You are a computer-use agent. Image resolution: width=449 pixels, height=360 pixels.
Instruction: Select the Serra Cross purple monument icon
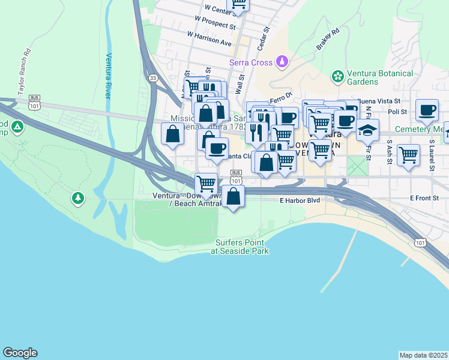281,62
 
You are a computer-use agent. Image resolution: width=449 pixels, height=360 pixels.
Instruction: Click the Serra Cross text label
251,62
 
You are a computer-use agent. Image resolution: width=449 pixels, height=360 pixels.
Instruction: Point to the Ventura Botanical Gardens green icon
338,77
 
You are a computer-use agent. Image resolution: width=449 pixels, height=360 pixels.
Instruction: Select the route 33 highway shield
153,77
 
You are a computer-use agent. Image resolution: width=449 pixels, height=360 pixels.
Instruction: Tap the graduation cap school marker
367,128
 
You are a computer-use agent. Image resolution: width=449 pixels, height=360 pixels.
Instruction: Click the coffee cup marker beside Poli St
427,110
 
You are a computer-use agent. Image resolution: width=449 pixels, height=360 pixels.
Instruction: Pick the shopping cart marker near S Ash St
408,154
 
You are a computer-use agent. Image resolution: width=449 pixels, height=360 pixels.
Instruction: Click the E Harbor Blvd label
298,200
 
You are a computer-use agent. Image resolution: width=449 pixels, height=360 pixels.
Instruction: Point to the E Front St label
425,197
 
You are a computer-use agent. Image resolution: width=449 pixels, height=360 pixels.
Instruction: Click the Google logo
20,353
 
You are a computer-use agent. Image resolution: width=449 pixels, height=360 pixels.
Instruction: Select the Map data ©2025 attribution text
423,355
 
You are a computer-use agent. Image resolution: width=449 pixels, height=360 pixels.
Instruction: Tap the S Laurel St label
431,157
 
